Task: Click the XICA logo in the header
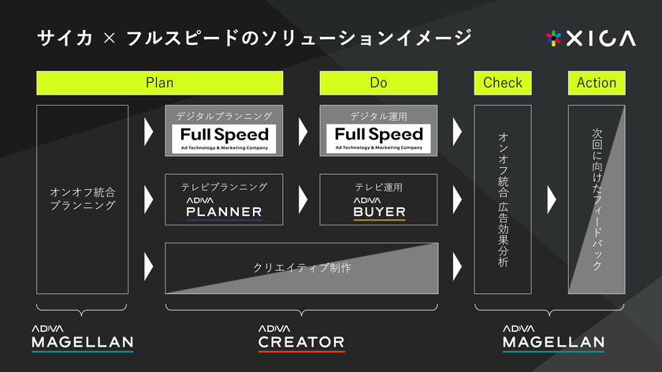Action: click(590, 39)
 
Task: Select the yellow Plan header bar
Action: click(159, 83)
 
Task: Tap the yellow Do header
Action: click(378, 83)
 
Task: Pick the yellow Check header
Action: click(503, 83)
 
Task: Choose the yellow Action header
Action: click(597, 83)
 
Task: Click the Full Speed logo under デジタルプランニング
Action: click(224, 139)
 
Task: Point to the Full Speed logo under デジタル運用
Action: click(379, 139)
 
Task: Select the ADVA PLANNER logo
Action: click(224, 209)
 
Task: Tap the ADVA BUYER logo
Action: click(379, 209)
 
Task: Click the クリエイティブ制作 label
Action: click(302, 268)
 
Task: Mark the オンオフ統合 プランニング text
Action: click(83, 199)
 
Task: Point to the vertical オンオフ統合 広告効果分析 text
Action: click(503, 199)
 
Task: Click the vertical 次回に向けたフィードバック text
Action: click(597, 199)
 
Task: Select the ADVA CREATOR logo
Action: click(301, 338)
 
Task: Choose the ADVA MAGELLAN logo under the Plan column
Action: click(82, 338)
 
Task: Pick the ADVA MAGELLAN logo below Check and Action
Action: click(553, 338)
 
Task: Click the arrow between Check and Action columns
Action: click(552, 199)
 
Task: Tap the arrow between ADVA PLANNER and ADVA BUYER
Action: click(303, 199)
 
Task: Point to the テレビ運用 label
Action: click(379, 187)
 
